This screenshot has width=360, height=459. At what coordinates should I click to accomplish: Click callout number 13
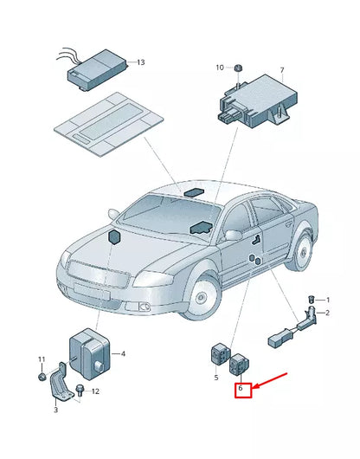pos(141,62)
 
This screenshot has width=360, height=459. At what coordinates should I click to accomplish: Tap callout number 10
pos(220,67)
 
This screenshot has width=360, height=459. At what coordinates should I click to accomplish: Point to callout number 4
pos(123,353)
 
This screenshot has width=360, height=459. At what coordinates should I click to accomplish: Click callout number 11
pos(40,359)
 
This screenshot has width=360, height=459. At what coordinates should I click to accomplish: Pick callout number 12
pos(95,391)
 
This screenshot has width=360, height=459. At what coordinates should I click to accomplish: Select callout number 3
pos(55,410)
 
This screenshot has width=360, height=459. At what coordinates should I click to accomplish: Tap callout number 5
pos(216,378)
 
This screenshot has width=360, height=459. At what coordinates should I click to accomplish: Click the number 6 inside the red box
pos(241,389)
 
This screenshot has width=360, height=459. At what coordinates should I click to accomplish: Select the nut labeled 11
pos(41,378)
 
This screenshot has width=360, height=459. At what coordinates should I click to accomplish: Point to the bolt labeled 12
pos(80,391)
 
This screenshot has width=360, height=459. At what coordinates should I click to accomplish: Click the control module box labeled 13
pos(97,67)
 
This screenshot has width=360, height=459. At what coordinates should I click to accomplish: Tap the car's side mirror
pos(232,235)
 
